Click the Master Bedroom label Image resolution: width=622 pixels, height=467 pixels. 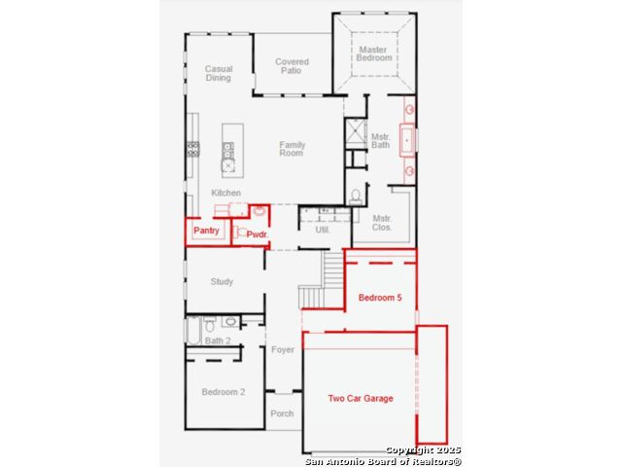(x=373, y=54)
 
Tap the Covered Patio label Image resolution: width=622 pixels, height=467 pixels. (x=292, y=66)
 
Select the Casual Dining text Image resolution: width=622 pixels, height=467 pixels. (x=219, y=73)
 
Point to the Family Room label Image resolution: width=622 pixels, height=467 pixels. (x=292, y=149)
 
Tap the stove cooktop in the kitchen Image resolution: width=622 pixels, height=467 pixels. (x=193, y=149)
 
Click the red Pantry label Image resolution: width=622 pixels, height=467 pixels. (x=206, y=231)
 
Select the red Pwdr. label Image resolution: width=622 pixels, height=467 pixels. (x=257, y=234)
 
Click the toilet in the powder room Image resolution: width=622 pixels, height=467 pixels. (x=240, y=232)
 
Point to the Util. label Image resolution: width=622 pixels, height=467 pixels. (x=322, y=230)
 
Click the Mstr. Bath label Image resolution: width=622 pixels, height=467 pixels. (x=380, y=141)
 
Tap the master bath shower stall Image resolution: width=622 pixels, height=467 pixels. (x=356, y=132)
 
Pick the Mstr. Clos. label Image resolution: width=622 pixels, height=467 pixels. (x=382, y=223)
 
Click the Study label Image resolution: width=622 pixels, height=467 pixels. (x=222, y=281)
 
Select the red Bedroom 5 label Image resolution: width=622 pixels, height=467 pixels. (x=380, y=298)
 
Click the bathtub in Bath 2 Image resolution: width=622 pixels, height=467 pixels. (x=193, y=331)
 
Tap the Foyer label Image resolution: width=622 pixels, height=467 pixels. (x=283, y=349)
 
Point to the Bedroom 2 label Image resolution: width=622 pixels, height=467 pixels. (x=224, y=392)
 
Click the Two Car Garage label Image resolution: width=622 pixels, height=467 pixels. (x=361, y=398)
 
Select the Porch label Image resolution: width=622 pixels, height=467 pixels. (x=282, y=413)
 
